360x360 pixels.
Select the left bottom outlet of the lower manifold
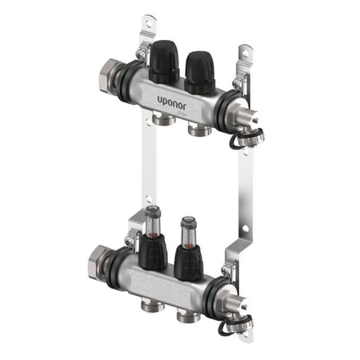pyautogui.click(x=150, y=305)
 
